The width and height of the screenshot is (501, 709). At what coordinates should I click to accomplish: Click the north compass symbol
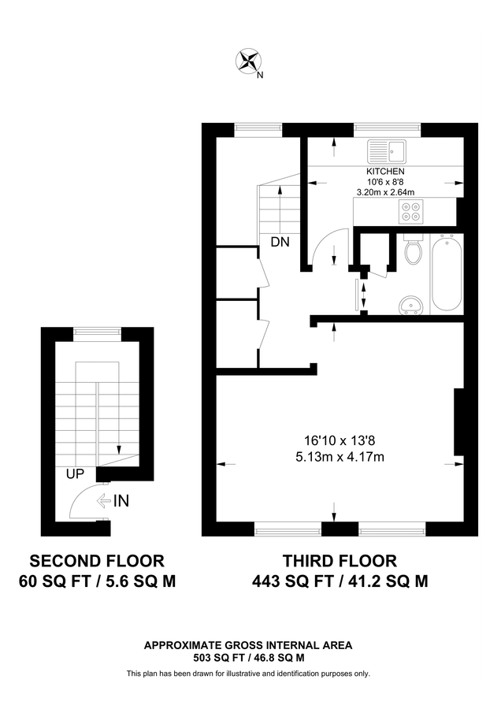point(249,61)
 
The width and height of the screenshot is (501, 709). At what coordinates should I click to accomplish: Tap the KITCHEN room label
point(385,171)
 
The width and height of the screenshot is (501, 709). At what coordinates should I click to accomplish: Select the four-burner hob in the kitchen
point(410,210)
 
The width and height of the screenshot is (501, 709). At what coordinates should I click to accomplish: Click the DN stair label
point(280,243)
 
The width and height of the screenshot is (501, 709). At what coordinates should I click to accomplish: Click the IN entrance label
point(121,500)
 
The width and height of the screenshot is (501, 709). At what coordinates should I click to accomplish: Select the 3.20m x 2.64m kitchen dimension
point(385,191)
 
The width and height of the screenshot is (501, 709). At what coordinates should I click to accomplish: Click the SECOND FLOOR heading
point(97,561)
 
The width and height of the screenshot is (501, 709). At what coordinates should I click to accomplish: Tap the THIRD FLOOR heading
point(340,561)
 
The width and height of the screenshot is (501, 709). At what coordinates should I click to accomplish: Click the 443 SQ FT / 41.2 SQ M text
point(340,582)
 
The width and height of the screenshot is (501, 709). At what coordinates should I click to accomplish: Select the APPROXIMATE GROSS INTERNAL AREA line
point(248,644)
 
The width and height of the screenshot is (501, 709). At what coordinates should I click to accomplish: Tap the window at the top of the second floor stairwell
point(98,333)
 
